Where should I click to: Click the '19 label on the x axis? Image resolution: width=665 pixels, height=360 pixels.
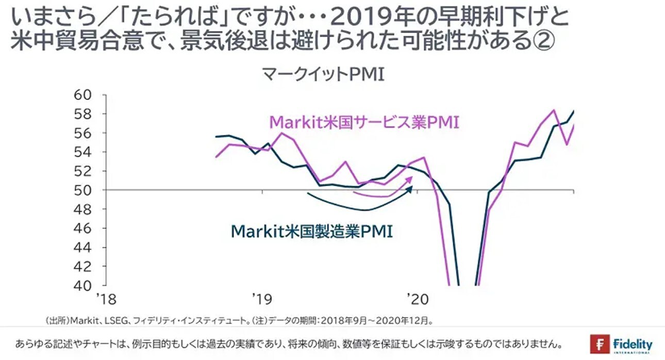[x=262, y=300]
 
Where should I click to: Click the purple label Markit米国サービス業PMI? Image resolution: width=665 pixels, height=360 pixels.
[x=364, y=123]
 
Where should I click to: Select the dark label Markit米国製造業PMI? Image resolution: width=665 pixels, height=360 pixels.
[x=311, y=231]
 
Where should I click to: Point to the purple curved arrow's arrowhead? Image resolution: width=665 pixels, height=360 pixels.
[x=411, y=178]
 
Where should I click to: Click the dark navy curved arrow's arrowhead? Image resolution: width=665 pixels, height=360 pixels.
[x=411, y=189]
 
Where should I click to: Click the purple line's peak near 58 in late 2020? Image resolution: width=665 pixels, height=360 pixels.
[x=553, y=110]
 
